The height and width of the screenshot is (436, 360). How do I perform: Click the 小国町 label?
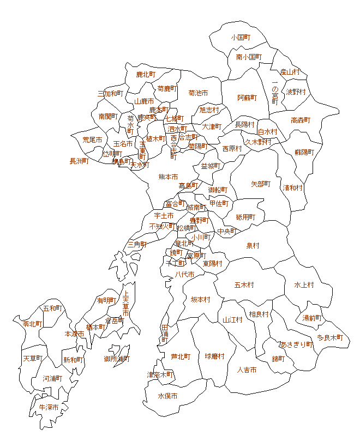click(240, 38)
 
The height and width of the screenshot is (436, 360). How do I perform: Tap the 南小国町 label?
click(249, 57)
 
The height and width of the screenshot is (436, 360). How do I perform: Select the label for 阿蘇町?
click(247, 98)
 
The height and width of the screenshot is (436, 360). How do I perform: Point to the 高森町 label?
click(300, 120)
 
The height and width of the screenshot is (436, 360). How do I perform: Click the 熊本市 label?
click(168, 177)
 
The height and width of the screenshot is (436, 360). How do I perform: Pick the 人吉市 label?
click(247, 370)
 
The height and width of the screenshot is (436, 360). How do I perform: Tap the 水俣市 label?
click(167, 396)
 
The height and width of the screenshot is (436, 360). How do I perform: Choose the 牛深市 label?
click(48, 407)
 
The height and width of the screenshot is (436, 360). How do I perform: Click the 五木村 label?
click(244, 284)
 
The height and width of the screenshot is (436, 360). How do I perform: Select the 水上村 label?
click(304, 284)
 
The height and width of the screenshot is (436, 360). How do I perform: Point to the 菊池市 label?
click(198, 93)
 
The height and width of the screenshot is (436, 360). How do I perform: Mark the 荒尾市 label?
click(92, 140)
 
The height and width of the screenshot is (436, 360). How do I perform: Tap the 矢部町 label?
click(261, 184)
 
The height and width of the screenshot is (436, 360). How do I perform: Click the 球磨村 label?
click(214, 356)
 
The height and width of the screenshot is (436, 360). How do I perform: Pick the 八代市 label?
click(184, 274)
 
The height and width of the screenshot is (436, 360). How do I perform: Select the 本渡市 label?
click(74, 334)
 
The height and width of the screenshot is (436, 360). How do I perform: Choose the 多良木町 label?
click(330, 337)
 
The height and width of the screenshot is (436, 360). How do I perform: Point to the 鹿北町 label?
click(146, 74)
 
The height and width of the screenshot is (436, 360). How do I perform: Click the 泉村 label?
click(253, 246)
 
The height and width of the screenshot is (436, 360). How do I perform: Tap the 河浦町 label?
click(52, 378)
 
